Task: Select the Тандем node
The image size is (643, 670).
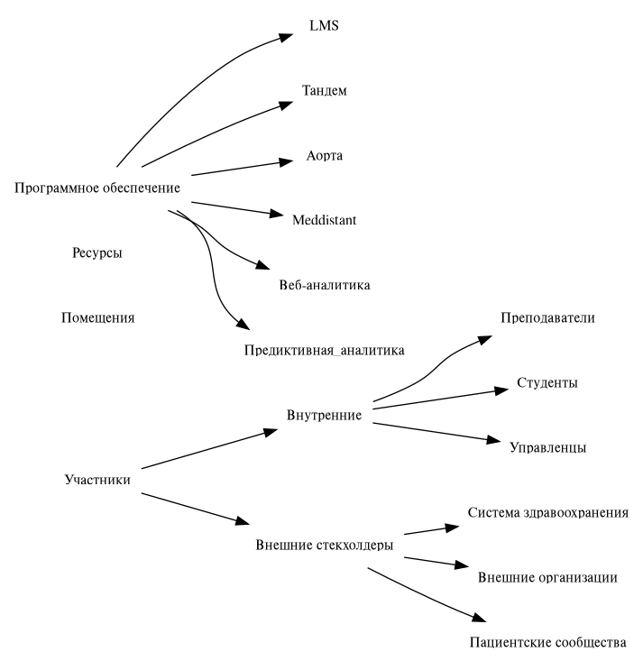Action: point(324,91)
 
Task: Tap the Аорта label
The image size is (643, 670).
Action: point(325,155)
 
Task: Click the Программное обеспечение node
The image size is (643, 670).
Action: point(98,188)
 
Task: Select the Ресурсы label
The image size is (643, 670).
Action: point(97,252)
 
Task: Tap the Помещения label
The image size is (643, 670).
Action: point(97,317)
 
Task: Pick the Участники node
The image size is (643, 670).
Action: point(98,479)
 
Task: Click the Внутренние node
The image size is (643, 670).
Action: point(324,415)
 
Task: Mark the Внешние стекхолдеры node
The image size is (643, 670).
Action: point(324,545)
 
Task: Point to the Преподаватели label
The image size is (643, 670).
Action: point(547,318)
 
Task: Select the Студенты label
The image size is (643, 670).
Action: point(547,382)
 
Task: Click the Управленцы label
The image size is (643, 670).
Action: point(547,447)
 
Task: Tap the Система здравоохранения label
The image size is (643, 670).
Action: point(547,512)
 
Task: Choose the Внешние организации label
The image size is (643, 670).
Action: point(547,577)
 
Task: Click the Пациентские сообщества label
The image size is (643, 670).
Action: point(547,643)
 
